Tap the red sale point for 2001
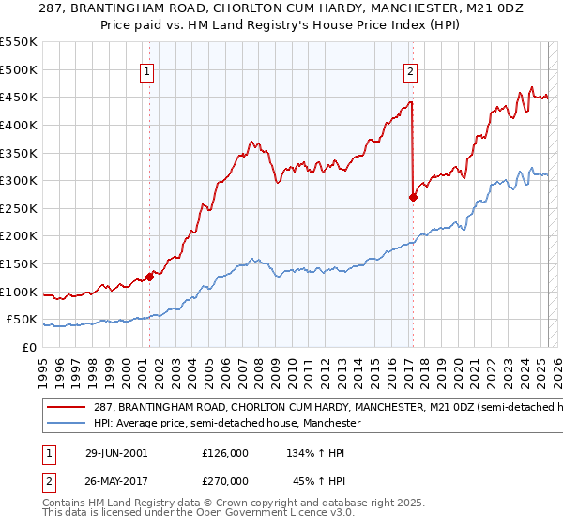click(149, 277)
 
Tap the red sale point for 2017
click(413, 197)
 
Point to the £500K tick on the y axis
click(19, 69)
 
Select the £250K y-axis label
click(19, 208)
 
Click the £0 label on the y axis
click(29, 347)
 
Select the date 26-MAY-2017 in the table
click(113, 479)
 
